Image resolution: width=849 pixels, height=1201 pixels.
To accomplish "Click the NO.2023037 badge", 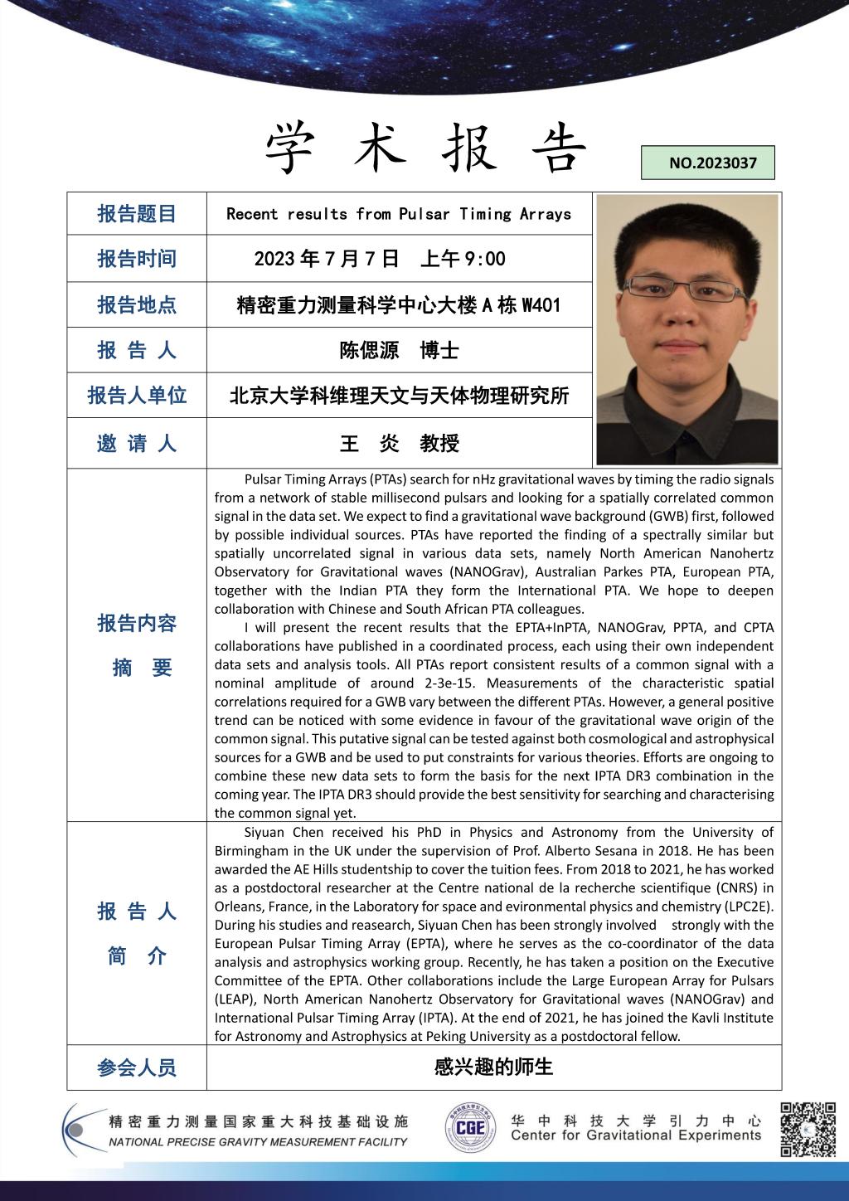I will click(712, 163).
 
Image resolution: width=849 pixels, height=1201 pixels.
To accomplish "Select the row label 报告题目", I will click(137, 214).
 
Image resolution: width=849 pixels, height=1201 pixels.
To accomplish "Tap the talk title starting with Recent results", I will click(399, 214).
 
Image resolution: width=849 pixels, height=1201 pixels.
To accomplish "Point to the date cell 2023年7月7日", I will click(380, 259).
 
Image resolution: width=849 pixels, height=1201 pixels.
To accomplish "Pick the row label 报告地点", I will click(137, 305).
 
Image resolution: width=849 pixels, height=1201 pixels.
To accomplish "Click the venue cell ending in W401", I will click(399, 305).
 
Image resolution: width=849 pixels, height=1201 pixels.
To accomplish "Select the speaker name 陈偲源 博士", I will click(399, 350).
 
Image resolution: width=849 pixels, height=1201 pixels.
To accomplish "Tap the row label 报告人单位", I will click(137, 396).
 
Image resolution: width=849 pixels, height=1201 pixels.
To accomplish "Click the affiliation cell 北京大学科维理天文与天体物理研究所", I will click(399, 396).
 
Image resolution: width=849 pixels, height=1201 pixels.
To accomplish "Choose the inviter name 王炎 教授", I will click(399, 444).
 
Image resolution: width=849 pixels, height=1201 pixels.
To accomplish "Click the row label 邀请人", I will click(137, 444).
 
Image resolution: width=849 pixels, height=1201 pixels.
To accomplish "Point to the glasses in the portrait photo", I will click(686, 289).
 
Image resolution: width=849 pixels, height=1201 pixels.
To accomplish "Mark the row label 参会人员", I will click(137, 1067).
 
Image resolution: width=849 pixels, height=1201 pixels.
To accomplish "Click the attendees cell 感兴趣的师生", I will click(493, 1067).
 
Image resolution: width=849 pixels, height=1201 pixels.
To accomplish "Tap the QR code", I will click(808, 1129).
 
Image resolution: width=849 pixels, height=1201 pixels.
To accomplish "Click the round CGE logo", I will click(471, 1128).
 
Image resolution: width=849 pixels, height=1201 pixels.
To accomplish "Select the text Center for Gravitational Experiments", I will click(636, 1135).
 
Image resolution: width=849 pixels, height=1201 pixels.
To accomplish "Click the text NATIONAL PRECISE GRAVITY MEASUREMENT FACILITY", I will click(258, 1142).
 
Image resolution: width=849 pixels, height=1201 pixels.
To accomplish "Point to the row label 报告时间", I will click(137, 259).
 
